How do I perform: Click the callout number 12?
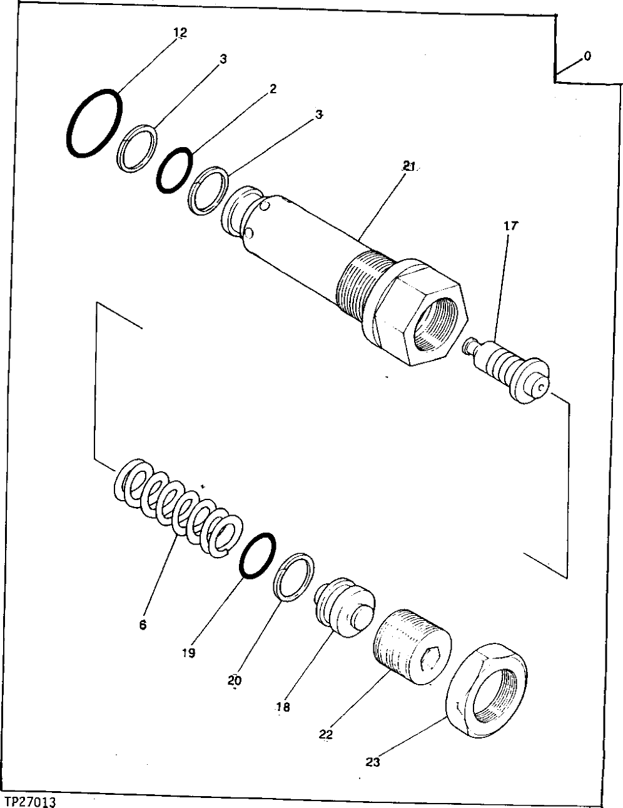coord(180,33)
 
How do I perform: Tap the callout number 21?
coord(409,166)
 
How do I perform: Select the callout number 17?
coord(510,226)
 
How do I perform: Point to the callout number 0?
coord(587,56)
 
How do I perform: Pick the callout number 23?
coord(373,762)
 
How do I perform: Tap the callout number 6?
coord(143,624)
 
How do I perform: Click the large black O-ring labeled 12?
coord(94,122)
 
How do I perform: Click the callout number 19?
coord(189,653)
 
